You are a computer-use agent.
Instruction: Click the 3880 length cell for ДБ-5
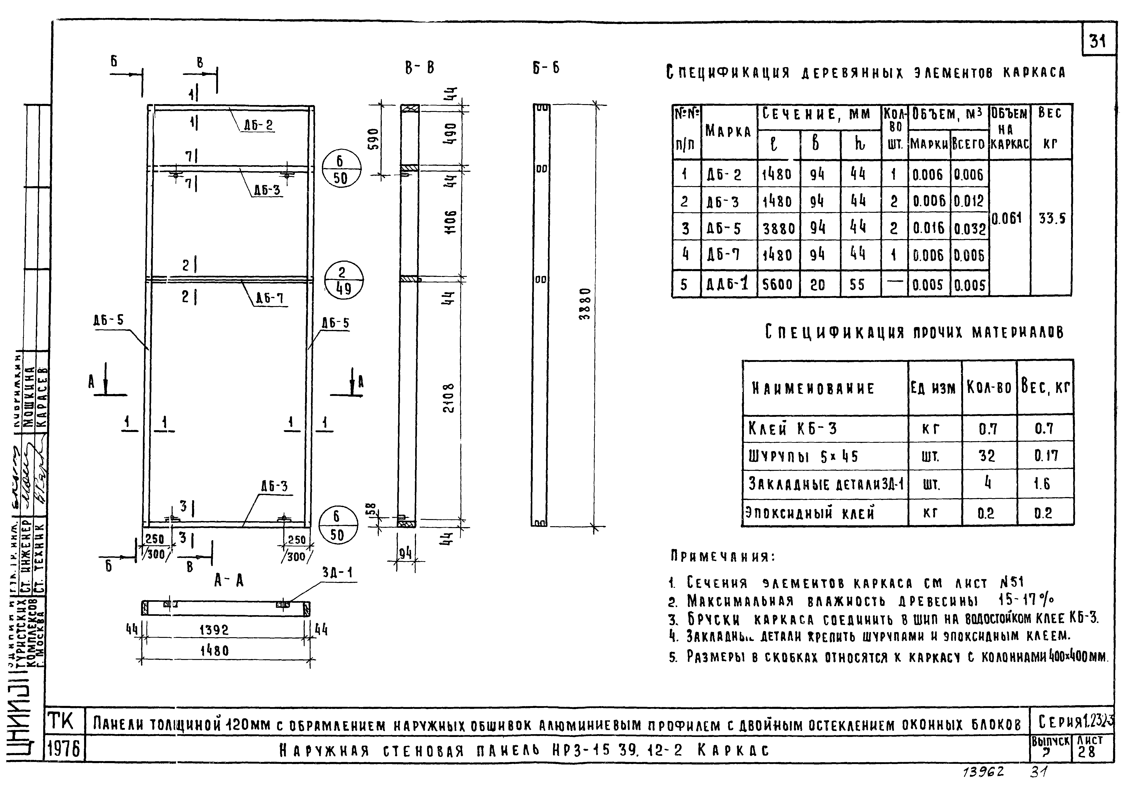pos(778,228)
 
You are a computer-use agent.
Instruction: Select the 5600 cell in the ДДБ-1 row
pos(778,284)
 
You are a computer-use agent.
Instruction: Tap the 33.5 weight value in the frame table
pos(1052,218)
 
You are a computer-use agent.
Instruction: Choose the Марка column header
pos(729,131)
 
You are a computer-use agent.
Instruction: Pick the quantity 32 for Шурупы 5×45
pos(987,455)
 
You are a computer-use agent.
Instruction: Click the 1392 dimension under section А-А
pos(214,630)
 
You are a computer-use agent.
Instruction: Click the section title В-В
pos(419,68)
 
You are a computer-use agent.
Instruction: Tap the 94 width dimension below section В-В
pos(405,553)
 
